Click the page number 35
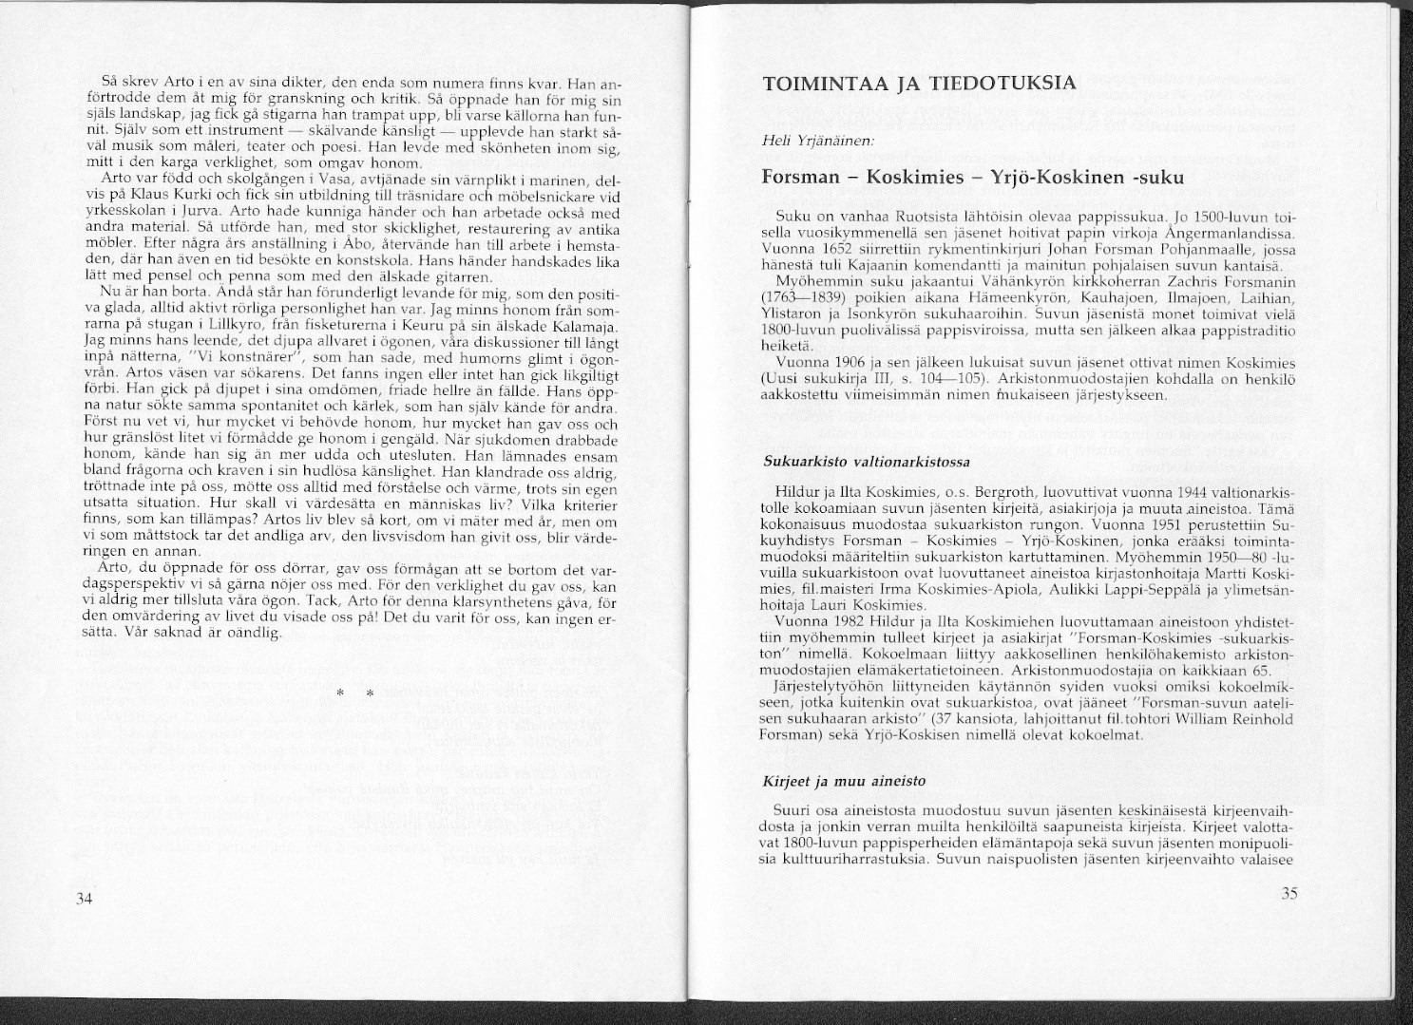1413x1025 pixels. pos(1289,893)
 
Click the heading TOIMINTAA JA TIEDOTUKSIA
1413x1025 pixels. pos(919,83)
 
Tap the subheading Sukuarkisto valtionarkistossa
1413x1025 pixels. pos(867,462)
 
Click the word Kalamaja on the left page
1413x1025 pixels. pos(588,328)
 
